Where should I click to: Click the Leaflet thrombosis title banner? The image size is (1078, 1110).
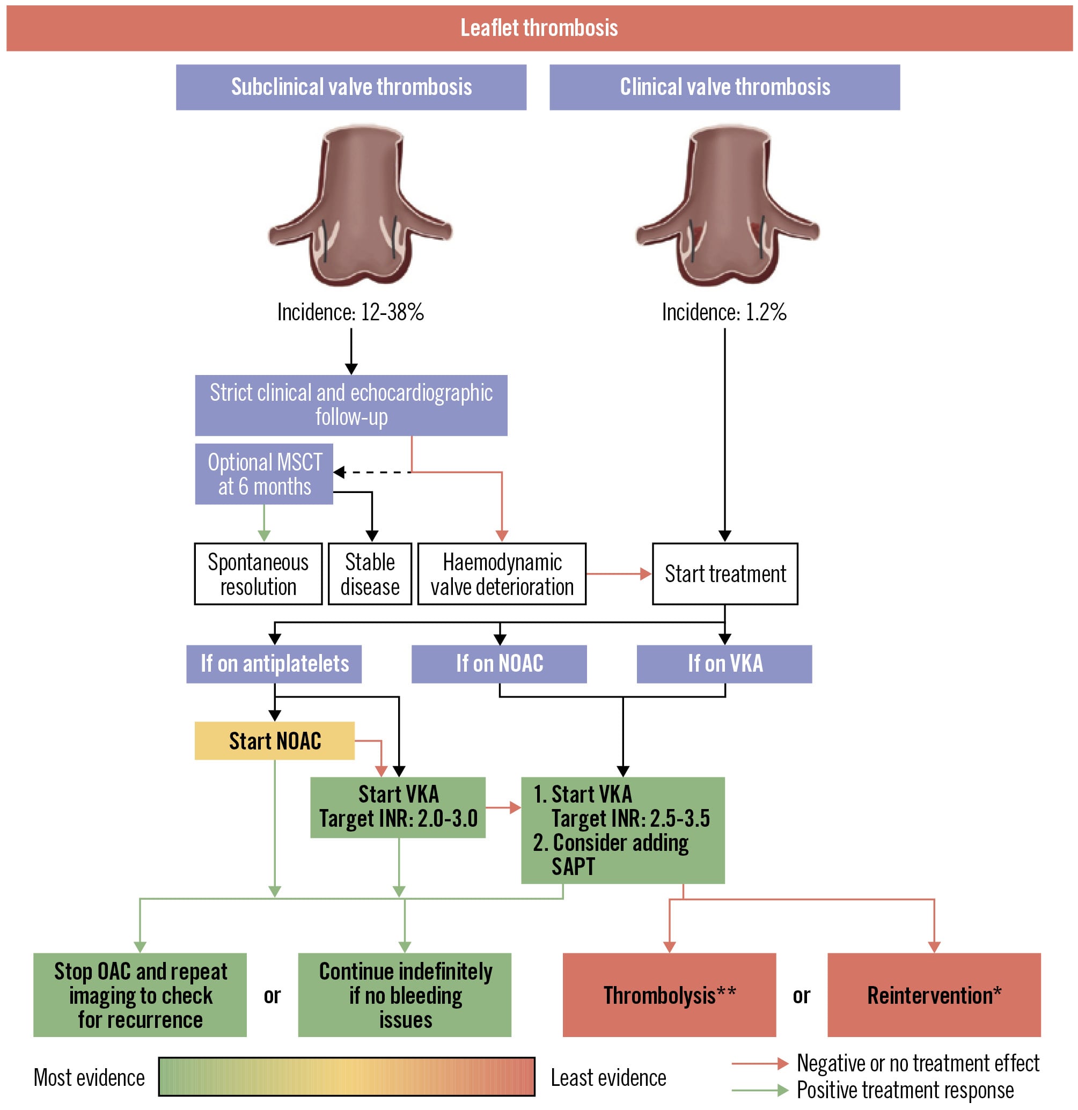[539, 28]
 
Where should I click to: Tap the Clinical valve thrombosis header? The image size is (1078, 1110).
[724, 87]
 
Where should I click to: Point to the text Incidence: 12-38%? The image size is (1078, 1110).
[350, 312]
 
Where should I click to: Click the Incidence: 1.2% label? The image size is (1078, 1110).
[724, 312]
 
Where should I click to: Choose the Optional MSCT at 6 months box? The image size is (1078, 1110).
[264, 474]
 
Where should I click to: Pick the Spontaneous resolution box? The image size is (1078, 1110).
[258, 574]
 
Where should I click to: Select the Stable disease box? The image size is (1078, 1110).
[369, 574]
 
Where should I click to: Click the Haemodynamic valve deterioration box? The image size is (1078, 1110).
[501, 574]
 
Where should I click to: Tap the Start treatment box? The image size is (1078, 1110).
[724, 574]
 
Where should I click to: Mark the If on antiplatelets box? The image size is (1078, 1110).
[274, 664]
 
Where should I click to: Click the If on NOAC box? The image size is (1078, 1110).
[498, 664]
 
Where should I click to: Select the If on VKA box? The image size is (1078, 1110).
[724, 664]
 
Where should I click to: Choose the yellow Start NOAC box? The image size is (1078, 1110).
[274, 741]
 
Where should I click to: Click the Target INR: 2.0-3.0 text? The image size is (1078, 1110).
[398, 819]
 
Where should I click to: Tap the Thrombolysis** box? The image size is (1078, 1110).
[669, 995]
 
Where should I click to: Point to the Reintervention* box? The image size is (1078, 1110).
[934, 995]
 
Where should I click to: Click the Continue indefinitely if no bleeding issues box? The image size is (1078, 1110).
[405, 995]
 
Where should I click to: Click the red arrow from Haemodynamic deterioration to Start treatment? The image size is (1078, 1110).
[618, 574]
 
